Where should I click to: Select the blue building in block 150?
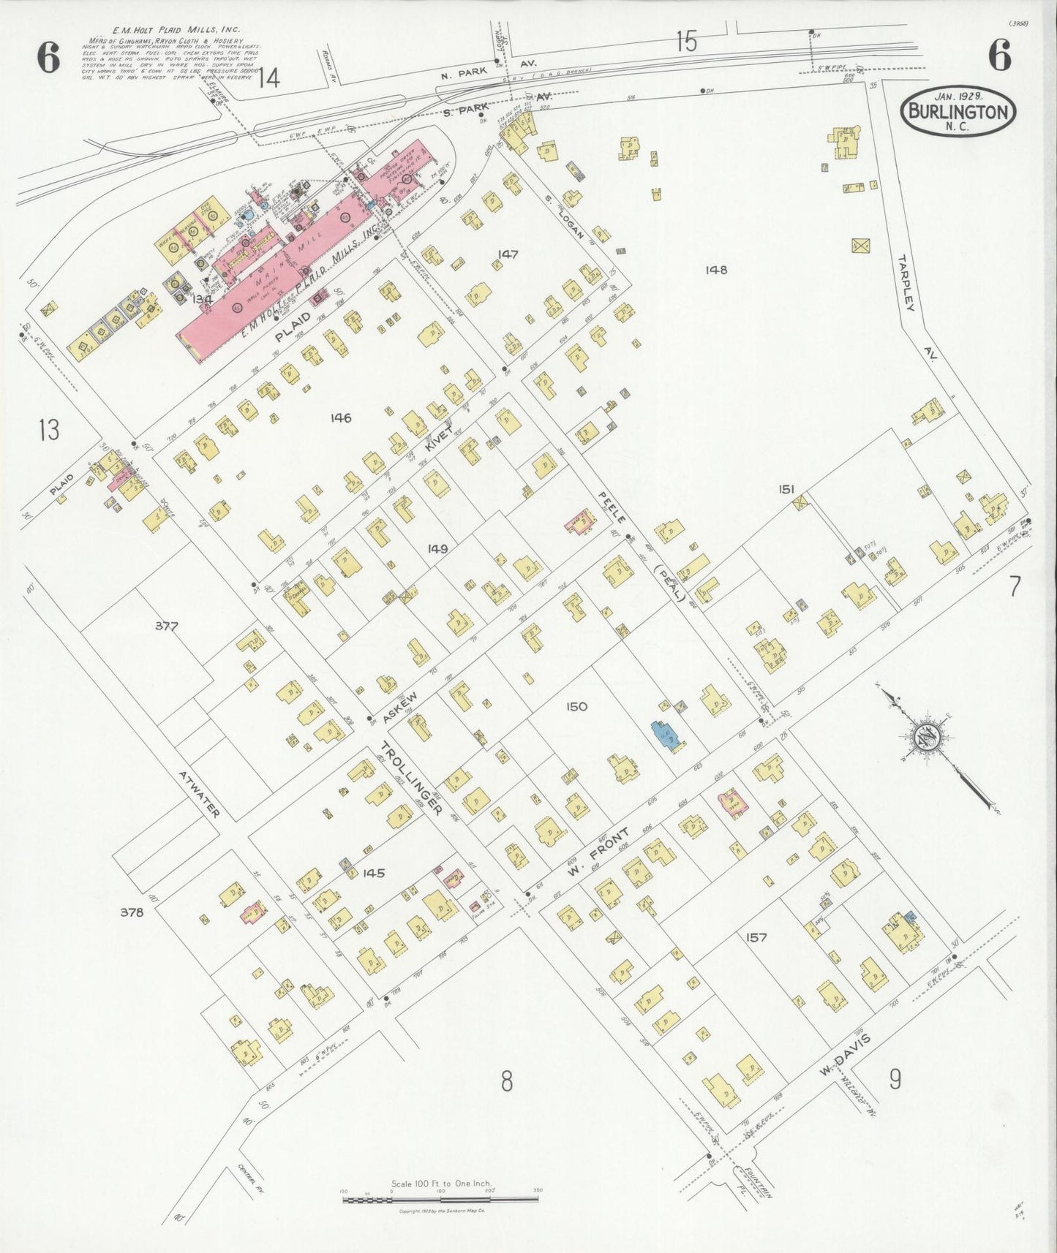pyautogui.click(x=667, y=734)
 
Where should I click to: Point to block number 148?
pyautogui.click(x=716, y=270)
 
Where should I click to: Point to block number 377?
pyautogui.click(x=167, y=626)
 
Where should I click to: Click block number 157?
pyautogui.click(x=756, y=937)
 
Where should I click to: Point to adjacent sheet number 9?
pyautogui.click(x=895, y=1079)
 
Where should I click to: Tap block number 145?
pyautogui.click(x=373, y=873)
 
